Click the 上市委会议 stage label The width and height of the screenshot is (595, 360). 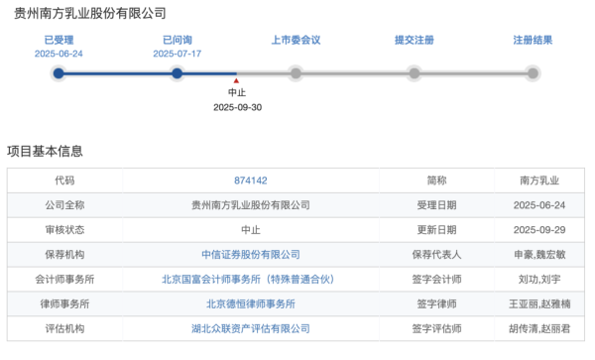[296, 40]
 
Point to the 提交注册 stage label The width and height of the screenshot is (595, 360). [414, 40]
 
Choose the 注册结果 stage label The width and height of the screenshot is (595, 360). [533, 40]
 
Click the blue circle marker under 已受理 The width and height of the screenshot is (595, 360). [58, 72]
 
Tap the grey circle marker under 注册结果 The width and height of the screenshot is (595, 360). [533, 72]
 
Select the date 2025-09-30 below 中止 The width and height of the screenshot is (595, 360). [237, 107]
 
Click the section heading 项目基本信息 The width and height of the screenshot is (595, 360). [45, 151]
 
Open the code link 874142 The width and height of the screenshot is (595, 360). [250, 180]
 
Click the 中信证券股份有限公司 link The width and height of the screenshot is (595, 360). [250, 254]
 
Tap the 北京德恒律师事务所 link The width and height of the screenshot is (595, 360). [250, 303]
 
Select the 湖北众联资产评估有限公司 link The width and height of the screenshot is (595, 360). [250, 327]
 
